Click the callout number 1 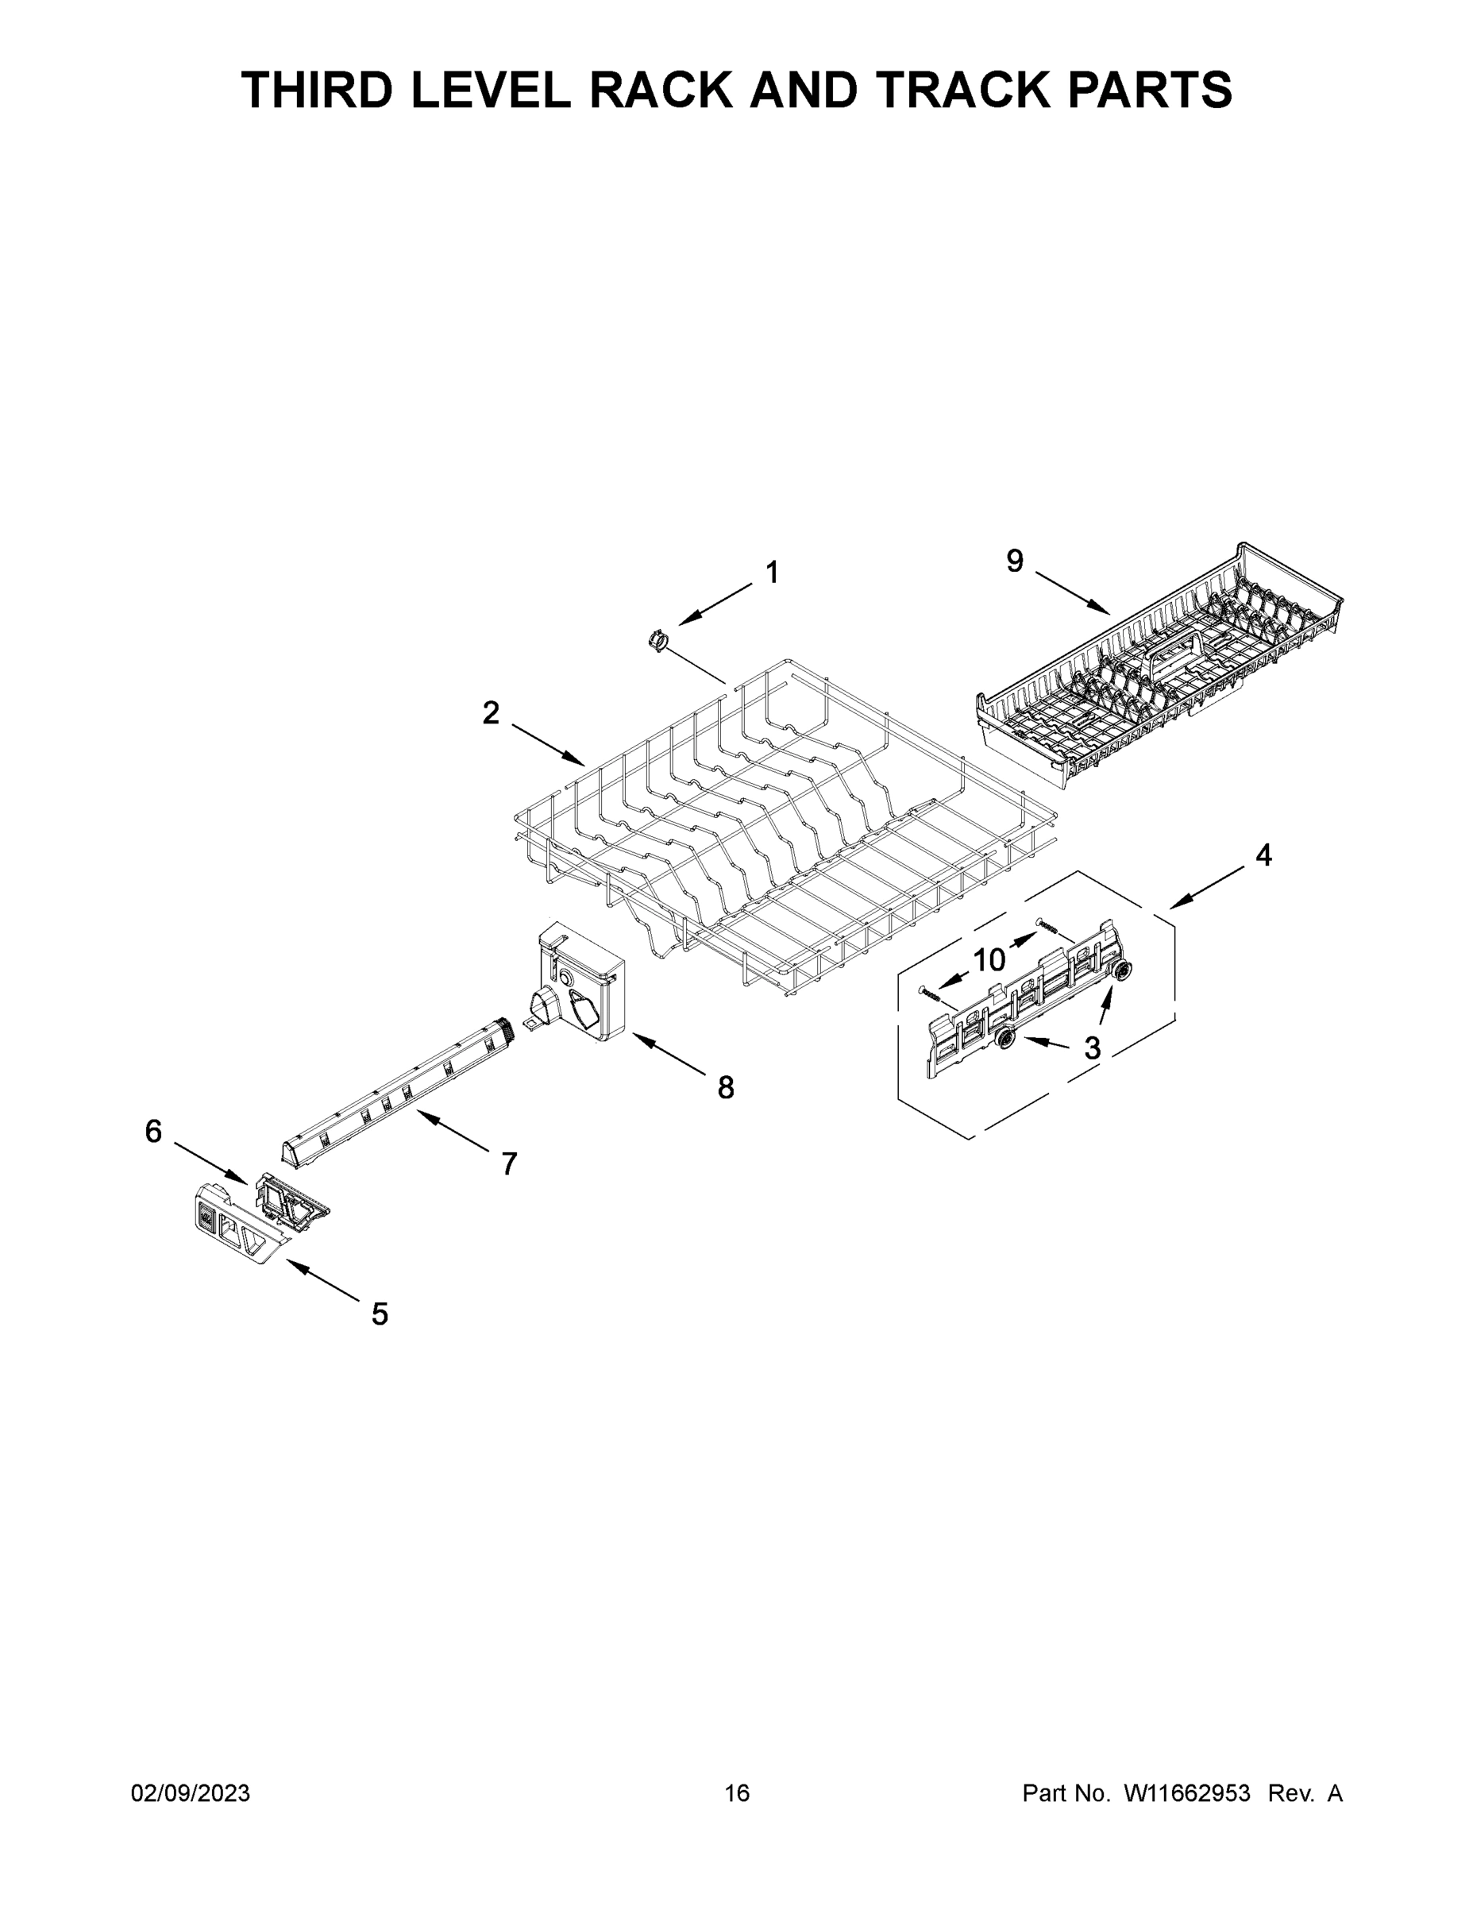771,573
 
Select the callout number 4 1263,855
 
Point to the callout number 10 989,960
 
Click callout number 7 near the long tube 509,1163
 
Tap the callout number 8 725,1087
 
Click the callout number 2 491,713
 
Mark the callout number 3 1092,1048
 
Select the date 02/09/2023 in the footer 191,1793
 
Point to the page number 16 737,1793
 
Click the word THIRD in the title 317,89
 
